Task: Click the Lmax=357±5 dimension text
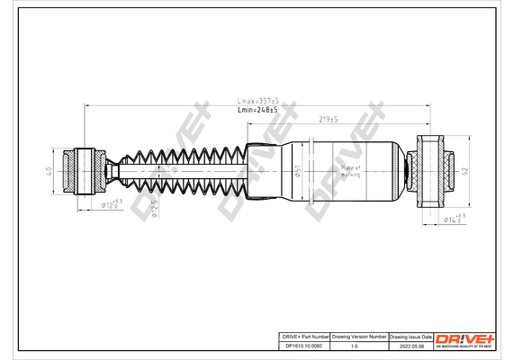coord(257,101)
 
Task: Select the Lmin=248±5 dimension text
coord(257,110)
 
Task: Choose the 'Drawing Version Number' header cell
coord(359,335)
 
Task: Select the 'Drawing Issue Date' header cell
coord(410,335)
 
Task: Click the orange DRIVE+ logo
coord(464,337)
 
